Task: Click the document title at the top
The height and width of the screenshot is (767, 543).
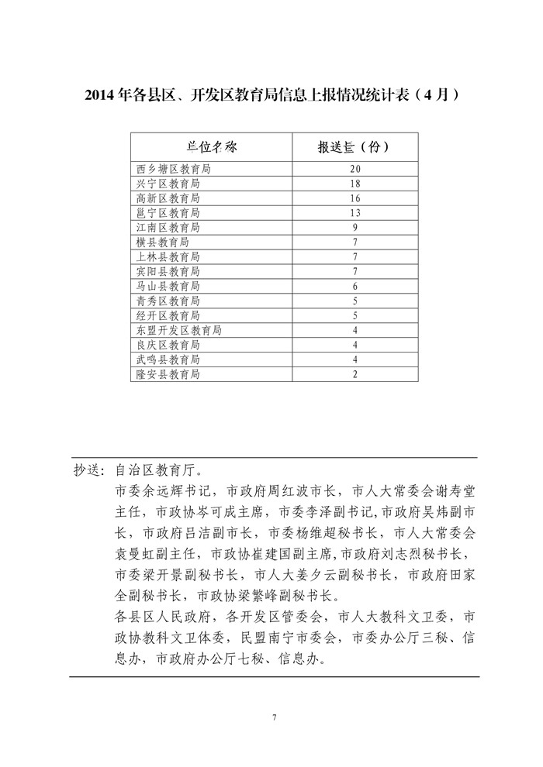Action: pyautogui.click(x=271, y=96)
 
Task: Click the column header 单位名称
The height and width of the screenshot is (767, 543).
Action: pyautogui.click(x=212, y=146)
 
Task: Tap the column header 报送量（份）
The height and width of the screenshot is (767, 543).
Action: pyautogui.click(x=355, y=146)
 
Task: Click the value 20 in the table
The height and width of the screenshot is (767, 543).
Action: pyautogui.click(x=355, y=169)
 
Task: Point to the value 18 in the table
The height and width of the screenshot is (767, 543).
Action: pyautogui.click(x=355, y=184)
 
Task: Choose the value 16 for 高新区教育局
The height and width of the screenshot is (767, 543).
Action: pyautogui.click(x=355, y=198)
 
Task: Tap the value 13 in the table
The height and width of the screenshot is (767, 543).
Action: pyautogui.click(x=355, y=213)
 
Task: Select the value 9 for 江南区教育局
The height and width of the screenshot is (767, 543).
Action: pyautogui.click(x=355, y=228)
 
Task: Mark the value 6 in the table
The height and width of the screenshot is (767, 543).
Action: pyautogui.click(x=355, y=287)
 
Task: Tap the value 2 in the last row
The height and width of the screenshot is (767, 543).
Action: pyautogui.click(x=355, y=375)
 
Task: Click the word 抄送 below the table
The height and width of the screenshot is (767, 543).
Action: pyautogui.click(x=86, y=470)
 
